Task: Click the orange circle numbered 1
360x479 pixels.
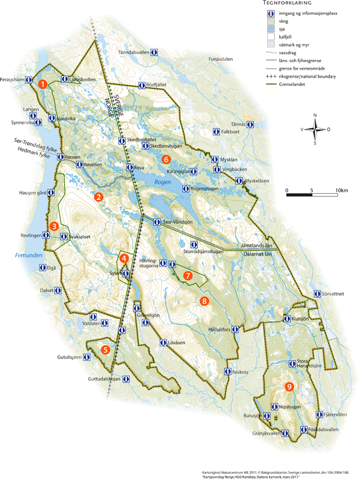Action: click(43, 84)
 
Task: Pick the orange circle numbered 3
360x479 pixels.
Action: click(54, 226)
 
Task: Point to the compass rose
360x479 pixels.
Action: click(314, 130)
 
